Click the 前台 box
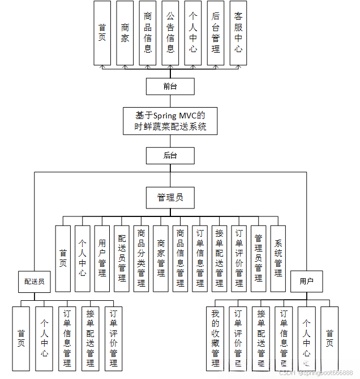point(170,86)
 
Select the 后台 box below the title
point(170,155)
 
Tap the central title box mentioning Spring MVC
point(170,121)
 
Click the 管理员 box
point(170,197)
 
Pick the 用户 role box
point(306,280)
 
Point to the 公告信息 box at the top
point(170,33)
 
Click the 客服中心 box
point(238,33)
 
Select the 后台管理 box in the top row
point(215,33)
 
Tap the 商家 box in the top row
point(125,33)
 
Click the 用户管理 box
point(102,258)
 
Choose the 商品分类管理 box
point(141,258)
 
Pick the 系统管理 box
point(278,258)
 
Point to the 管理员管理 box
point(259,258)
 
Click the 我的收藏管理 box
point(215,338)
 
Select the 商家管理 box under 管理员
point(161,258)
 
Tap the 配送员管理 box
point(122,258)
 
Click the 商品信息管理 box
point(180,258)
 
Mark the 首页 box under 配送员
point(21,338)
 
